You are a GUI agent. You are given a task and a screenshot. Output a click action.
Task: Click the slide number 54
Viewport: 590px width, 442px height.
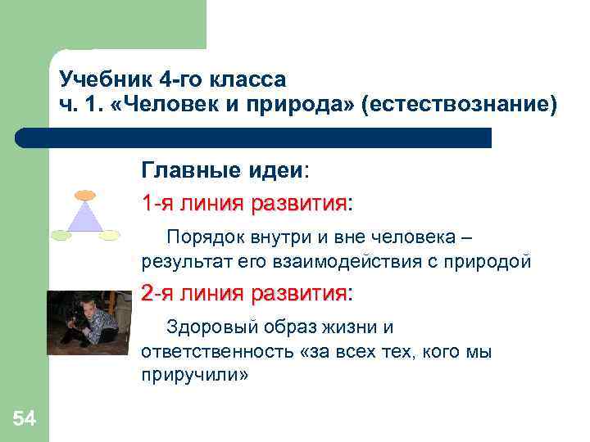(x=25, y=419)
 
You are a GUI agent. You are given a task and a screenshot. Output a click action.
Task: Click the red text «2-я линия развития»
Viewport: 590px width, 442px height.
(x=243, y=292)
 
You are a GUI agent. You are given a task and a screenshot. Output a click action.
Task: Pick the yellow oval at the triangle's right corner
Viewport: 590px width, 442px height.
(x=110, y=236)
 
